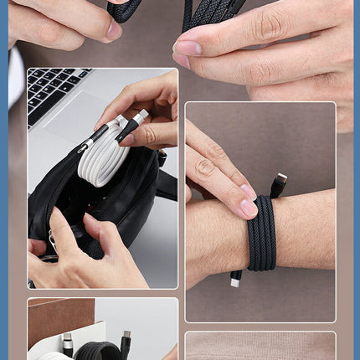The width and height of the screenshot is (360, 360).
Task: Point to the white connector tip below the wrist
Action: point(235,283)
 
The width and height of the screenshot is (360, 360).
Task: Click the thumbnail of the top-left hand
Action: point(113,31)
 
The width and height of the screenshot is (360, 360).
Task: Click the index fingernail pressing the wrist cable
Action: point(248,208)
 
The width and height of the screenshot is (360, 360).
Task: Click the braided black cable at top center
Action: point(209,13)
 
